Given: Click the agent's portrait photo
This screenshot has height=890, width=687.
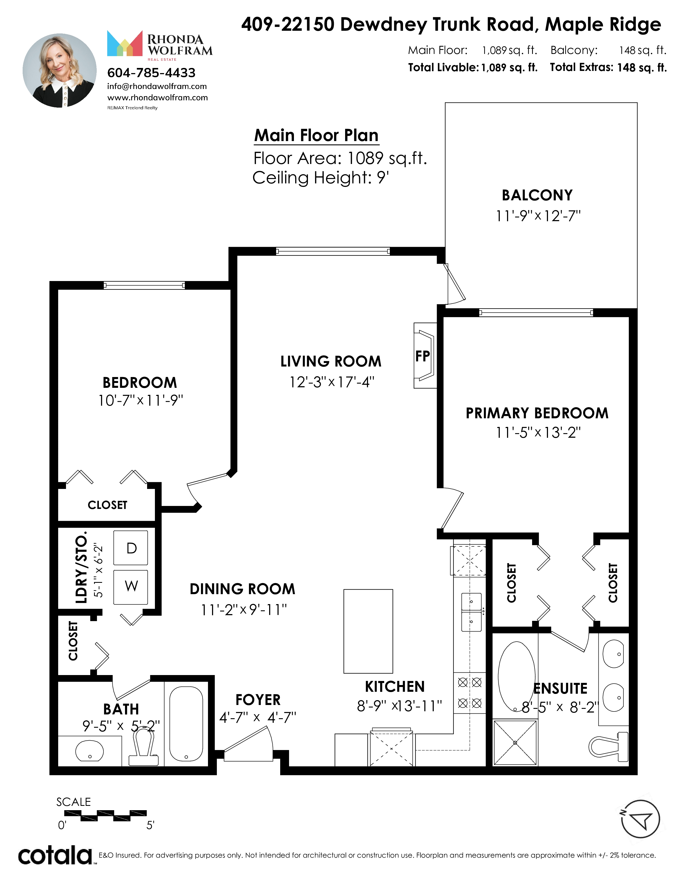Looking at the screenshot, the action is tap(60, 70).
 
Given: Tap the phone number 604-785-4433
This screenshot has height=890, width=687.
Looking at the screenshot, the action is tap(151, 73).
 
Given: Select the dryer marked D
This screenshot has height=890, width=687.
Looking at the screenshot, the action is tap(131, 548).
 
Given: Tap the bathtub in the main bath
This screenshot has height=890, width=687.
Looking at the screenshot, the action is tap(186, 724).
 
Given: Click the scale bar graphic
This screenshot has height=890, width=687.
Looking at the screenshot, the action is tap(105, 816).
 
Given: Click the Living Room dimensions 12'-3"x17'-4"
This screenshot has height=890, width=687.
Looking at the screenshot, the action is tap(332, 382).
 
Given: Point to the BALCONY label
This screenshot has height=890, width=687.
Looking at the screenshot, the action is tap(537, 195).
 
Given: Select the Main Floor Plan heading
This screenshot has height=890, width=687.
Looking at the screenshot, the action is tap(316, 135).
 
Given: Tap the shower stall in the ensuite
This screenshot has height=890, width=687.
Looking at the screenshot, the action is tap(515, 742).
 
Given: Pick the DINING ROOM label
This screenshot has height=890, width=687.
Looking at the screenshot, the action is tap(242, 589).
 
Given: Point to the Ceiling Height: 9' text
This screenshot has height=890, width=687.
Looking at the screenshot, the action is tap(321, 178).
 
